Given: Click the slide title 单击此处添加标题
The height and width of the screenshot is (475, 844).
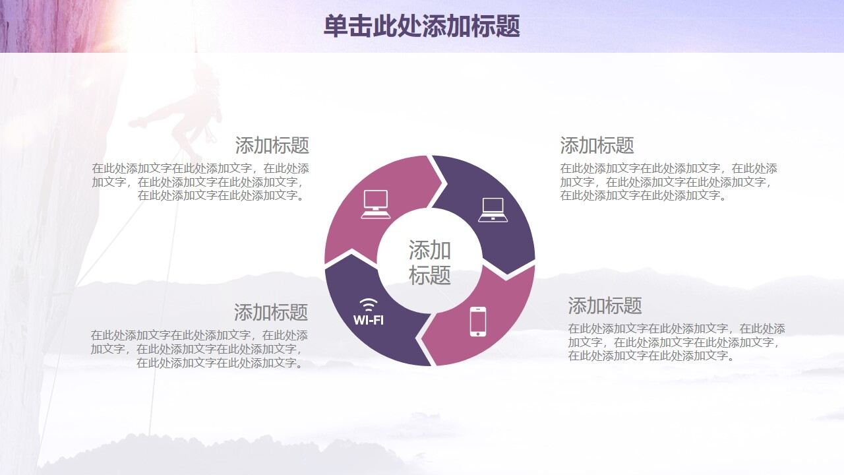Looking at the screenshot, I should click(x=421, y=26).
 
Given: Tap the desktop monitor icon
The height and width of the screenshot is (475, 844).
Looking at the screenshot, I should click(x=376, y=203).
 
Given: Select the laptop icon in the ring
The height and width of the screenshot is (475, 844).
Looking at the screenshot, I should click(x=493, y=209).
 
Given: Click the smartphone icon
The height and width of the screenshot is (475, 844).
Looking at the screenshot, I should click(x=478, y=321).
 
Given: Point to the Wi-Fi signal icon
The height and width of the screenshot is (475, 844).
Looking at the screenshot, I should click(x=369, y=305).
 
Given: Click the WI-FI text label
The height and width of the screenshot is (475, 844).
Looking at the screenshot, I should click(x=369, y=321).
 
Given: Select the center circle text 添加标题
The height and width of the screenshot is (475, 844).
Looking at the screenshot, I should click(x=430, y=262).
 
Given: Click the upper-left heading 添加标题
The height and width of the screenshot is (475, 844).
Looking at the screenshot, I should click(x=272, y=145).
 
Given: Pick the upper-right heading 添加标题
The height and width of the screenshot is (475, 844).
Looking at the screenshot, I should click(x=597, y=145).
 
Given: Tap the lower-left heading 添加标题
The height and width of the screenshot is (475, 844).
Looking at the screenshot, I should click(x=271, y=312).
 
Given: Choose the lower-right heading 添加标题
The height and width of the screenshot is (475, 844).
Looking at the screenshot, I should click(x=605, y=306).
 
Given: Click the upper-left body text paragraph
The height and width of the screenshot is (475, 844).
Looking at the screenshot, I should click(x=200, y=181).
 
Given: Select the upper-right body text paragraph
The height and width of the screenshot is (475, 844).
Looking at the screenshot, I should click(x=669, y=181).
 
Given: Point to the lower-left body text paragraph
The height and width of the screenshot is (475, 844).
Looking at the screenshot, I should click(x=199, y=349).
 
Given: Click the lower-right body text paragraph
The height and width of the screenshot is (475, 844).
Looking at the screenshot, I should click(x=677, y=342).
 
